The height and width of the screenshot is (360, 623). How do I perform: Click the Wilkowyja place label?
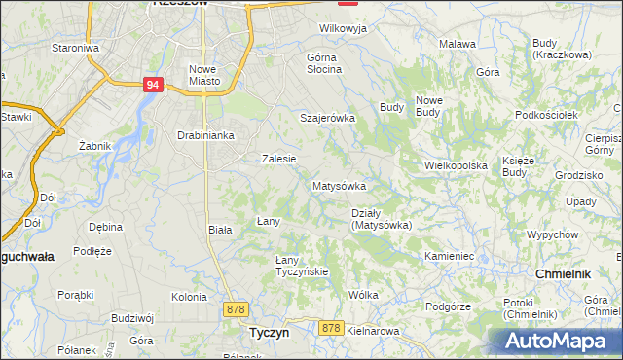[343, 29]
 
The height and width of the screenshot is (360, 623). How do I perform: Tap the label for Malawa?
[457, 44]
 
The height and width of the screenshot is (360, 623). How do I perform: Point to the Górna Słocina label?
[323, 62]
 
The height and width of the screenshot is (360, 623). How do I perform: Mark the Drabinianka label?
[205, 135]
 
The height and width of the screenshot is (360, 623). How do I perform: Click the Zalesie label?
[278, 158]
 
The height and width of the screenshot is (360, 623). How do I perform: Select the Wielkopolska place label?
[455, 165]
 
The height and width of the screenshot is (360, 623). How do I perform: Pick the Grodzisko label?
[580, 175]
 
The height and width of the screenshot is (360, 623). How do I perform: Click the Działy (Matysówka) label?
[381, 219]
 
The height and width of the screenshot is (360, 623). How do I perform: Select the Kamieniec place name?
[449, 256]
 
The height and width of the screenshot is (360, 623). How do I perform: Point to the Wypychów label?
[552, 235]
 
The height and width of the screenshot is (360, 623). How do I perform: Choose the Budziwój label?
[133, 317]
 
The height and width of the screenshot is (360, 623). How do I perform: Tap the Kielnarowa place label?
[373, 331]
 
